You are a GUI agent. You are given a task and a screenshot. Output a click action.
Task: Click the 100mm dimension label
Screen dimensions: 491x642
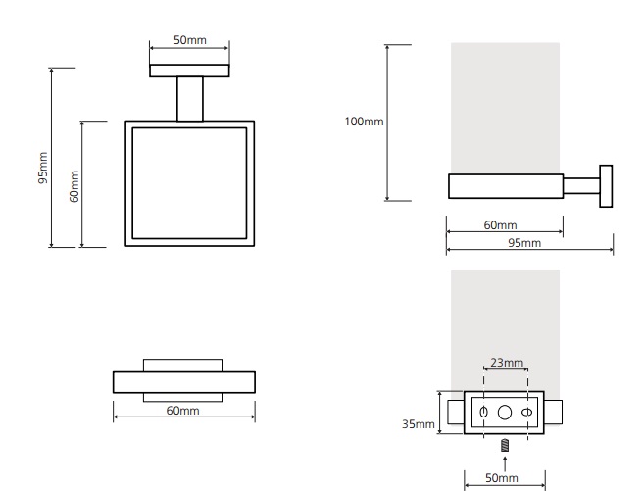pyautogui.click(x=364, y=122)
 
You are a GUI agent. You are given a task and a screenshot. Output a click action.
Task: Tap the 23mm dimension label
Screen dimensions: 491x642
pyautogui.click(x=506, y=363)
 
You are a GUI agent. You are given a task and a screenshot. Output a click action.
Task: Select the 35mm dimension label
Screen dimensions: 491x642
pyautogui.click(x=419, y=424)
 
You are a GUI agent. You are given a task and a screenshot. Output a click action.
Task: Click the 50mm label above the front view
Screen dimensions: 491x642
pyautogui.click(x=189, y=40)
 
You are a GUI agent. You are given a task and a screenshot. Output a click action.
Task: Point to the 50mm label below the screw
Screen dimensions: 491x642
pyautogui.click(x=502, y=477)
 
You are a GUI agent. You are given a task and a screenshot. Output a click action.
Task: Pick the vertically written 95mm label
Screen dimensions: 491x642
pyautogui.click(x=42, y=167)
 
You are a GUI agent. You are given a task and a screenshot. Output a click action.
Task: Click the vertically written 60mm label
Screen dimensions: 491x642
pyautogui.click(x=74, y=185)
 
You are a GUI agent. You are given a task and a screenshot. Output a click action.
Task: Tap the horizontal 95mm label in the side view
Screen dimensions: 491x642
pyautogui.click(x=524, y=242)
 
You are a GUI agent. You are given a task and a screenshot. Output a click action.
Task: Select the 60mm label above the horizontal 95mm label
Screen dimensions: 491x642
pyautogui.click(x=500, y=225)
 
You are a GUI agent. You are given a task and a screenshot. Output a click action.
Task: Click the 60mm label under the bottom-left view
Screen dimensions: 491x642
pyautogui.click(x=182, y=410)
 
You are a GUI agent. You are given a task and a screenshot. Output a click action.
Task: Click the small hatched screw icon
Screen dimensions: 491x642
pyautogui.click(x=504, y=445)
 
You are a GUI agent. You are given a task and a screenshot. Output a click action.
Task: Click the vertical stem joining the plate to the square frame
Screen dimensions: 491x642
pyautogui.click(x=189, y=99)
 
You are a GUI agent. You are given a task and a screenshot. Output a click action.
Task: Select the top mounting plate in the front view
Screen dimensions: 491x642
pyautogui.click(x=189, y=71)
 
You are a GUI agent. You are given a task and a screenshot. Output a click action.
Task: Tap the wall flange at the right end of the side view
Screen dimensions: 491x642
pyautogui.click(x=606, y=186)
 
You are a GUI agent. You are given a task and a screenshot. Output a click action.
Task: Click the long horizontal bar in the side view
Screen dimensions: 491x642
pyautogui.click(x=505, y=186)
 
